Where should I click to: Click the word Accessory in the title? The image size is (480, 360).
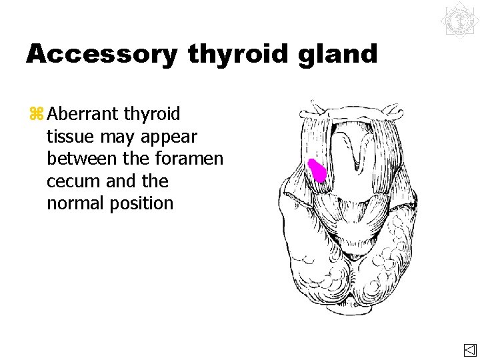pos(101,55)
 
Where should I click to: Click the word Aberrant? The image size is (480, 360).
pos(84,115)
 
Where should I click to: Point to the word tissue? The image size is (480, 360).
pos(70,137)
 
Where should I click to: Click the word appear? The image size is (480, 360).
pos(170,137)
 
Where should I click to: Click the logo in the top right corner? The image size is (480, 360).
pos(459,20)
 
